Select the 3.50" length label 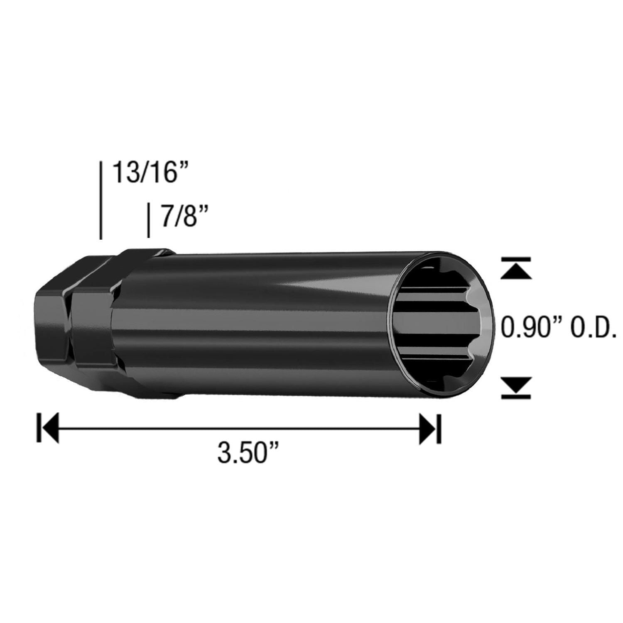pyautogui.click(x=248, y=452)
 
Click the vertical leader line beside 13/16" pyautogui.click(x=101, y=199)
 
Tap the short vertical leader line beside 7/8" pyautogui.click(x=148, y=220)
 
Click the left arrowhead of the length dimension pyautogui.click(x=50, y=428)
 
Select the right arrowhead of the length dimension pyautogui.click(x=428, y=428)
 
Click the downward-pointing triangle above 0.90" pyautogui.click(x=516, y=270)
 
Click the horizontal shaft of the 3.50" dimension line pyautogui.click(x=239, y=428)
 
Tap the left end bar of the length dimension pyautogui.click(x=39, y=428)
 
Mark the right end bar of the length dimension pyautogui.click(x=439, y=428)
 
